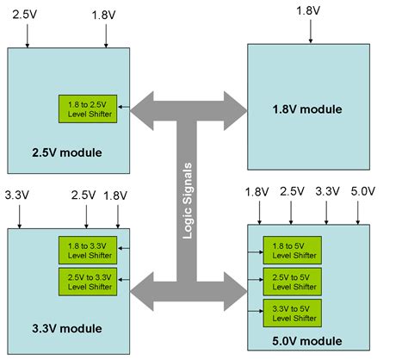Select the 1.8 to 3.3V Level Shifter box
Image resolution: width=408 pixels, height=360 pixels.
(x=89, y=249)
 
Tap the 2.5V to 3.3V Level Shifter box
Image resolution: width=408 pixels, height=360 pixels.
(x=89, y=280)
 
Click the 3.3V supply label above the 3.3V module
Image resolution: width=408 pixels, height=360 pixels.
(x=19, y=196)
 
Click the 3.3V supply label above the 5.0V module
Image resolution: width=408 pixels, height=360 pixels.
(x=328, y=192)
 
